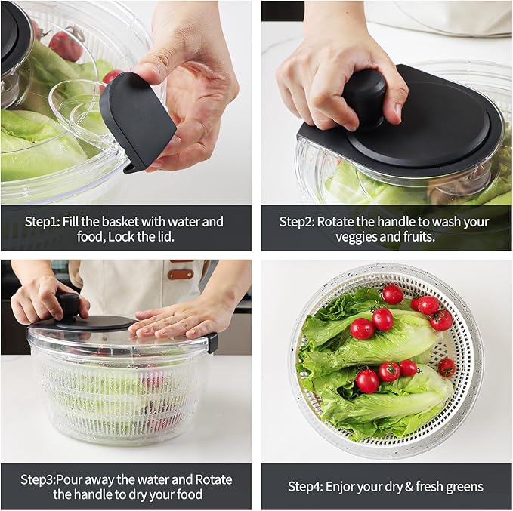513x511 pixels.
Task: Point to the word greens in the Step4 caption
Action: pos(463,487)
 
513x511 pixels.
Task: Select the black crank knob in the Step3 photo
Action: pos(70,306)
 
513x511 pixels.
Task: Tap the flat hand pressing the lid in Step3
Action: pos(174,320)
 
